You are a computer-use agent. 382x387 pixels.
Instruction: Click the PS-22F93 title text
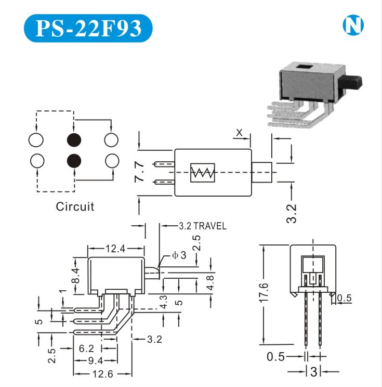(x=88, y=28)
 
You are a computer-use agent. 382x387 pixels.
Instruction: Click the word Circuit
(x=75, y=207)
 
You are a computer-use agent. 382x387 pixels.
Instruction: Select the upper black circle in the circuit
(x=74, y=140)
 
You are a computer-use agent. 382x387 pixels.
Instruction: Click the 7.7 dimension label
(x=139, y=172)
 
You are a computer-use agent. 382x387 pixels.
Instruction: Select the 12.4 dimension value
(x=115, y=249)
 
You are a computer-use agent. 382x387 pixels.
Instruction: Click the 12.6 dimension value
(x=102, y=374)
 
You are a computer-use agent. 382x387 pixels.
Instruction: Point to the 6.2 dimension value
(x=87, y=348)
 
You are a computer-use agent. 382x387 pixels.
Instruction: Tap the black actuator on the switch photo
(x=355, y=82)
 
